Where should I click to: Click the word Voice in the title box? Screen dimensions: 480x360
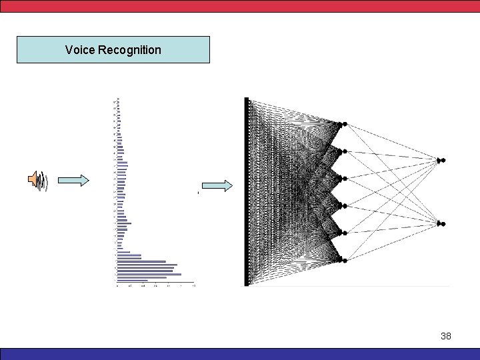tap(79, 50)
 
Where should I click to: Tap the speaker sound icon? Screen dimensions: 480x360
tap(38, 181)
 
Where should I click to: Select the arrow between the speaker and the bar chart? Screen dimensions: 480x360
tap(73, 180)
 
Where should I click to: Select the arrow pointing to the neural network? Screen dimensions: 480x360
tap(217, 185)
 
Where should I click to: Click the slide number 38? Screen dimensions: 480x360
tap(446, 336)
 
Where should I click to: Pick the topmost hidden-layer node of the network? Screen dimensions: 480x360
tap(344, 124)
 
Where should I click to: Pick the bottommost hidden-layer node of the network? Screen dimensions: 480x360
tap(344, 259)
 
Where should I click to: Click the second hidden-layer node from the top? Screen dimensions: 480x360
tap(344, 151)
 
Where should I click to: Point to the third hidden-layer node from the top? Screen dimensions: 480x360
tap(344, 178)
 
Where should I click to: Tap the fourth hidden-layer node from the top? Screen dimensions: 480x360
tap(344, 205)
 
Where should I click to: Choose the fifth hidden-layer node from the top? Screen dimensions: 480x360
tap(344, 233)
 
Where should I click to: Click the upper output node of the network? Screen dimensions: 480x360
tap(441, 160)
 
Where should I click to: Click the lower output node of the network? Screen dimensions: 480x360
tap(441, 224)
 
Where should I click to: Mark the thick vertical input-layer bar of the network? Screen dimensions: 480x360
tap(247, 192)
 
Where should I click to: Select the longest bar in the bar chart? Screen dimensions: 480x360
tap(155, 282)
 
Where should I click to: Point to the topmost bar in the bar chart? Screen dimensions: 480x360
tap(118, 99)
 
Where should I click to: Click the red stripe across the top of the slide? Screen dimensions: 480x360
tap(240, 5)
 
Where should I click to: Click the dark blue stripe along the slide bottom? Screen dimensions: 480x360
tap(240, 354)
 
